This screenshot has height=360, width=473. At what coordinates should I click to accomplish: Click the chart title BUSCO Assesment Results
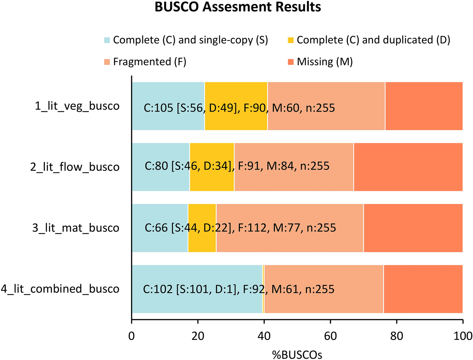pyautogui.click(x=238, y=7)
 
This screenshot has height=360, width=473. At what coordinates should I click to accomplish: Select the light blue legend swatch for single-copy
pyautogui.click(x=107, y=40)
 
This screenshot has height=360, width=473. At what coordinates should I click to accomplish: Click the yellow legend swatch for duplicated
pyautogui.click(x=291, y=40)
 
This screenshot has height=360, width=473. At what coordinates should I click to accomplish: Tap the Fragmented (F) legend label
pyautogui.click(x=150, y=62)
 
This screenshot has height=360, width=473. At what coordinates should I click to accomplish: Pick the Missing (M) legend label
pyautogui.click(x=325, y=62)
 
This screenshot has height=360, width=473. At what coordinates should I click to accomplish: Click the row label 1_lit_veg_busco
pyautogui.click(x=77, y=106)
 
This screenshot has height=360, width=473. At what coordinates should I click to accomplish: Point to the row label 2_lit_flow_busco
pyautogui.click(x=75, y=167)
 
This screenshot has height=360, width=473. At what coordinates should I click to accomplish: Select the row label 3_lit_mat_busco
pyautogui.click(x=76, y=228)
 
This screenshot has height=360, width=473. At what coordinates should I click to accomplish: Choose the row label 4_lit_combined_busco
pyautogui.click(x=60, y=289)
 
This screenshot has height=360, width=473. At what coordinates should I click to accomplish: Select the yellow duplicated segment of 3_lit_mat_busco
pyautogui.click(x=202, y=214)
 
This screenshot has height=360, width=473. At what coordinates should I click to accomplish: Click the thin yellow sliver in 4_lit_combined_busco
pyautogui.click(x=263, y=303)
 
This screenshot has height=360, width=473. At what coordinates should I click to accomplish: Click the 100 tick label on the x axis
pyautogui.click(x=463, y=336)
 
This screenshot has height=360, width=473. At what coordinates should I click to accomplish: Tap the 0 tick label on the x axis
pyautogui.click(x=132, y=336)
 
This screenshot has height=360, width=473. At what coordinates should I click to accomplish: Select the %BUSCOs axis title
pyautogui.click(x=297, y=355)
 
